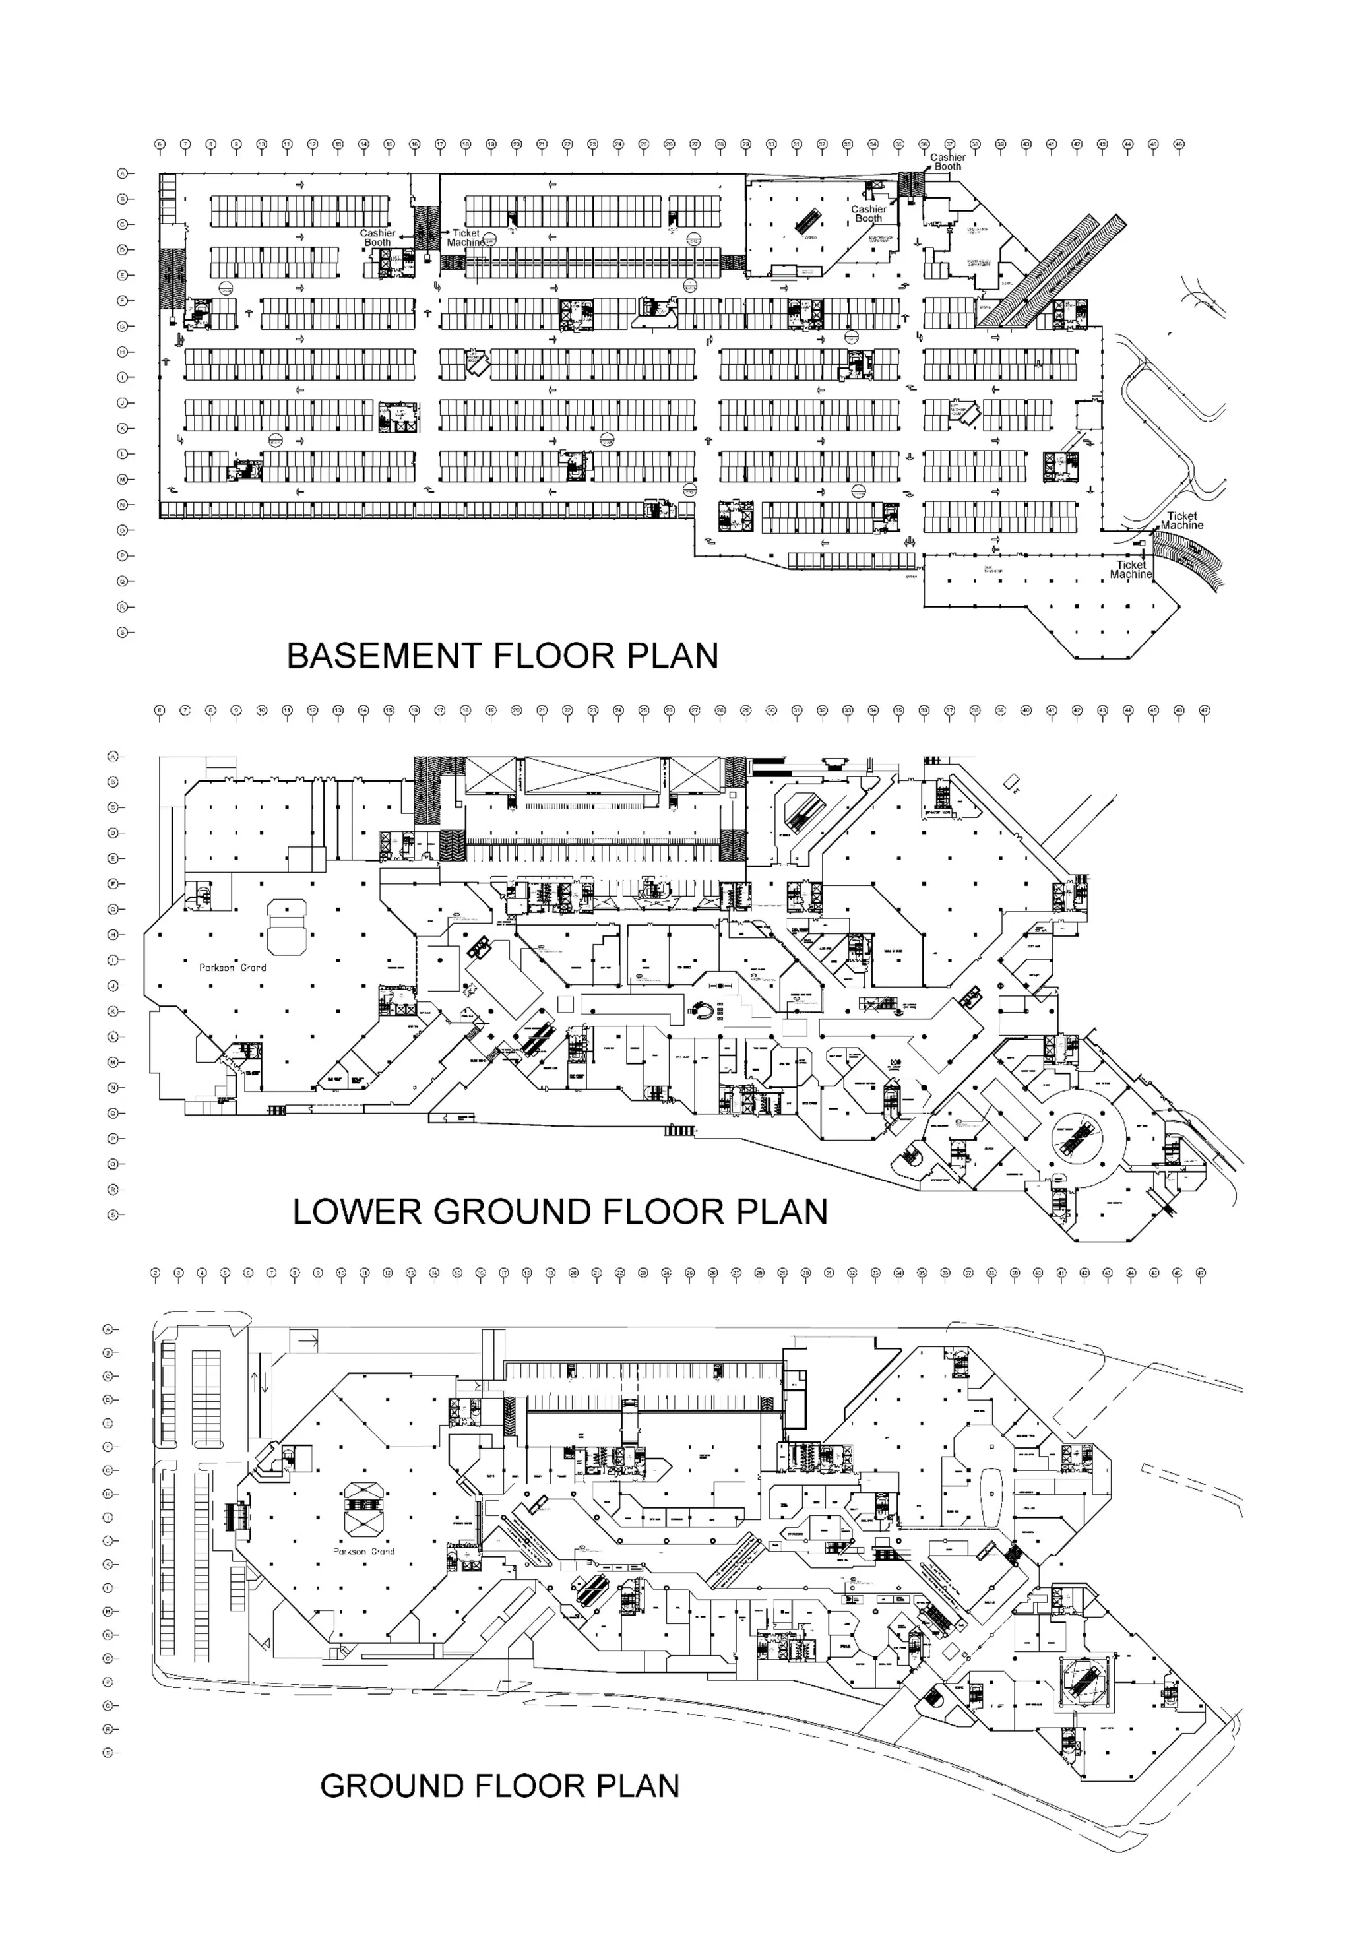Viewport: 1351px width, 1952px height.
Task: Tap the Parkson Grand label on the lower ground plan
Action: [233, 968]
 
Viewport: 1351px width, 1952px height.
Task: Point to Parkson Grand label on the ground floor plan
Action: [364, 1552]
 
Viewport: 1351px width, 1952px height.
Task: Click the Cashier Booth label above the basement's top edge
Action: [948, 162]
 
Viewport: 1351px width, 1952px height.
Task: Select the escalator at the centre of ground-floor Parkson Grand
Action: [361, 1504]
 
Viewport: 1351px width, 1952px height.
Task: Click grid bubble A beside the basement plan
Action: [123, 173]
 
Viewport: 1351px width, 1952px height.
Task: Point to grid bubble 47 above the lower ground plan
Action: [1204, 710]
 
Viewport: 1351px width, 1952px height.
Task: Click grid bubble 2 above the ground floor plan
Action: [156, 1273]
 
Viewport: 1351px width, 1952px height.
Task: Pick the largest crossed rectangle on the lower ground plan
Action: [592, 775]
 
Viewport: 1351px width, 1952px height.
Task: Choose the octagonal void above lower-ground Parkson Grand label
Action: [287, 928]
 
